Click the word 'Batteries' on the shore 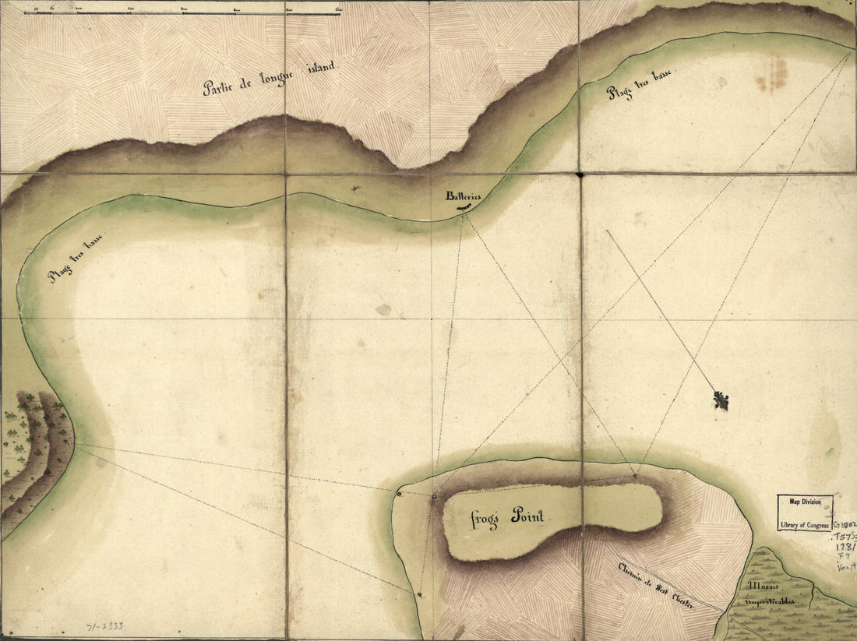463,197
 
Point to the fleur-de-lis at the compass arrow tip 721,401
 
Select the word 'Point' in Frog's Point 527,516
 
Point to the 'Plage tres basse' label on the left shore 76,257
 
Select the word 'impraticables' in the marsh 771,602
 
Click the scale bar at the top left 183,12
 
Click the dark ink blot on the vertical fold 580,175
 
